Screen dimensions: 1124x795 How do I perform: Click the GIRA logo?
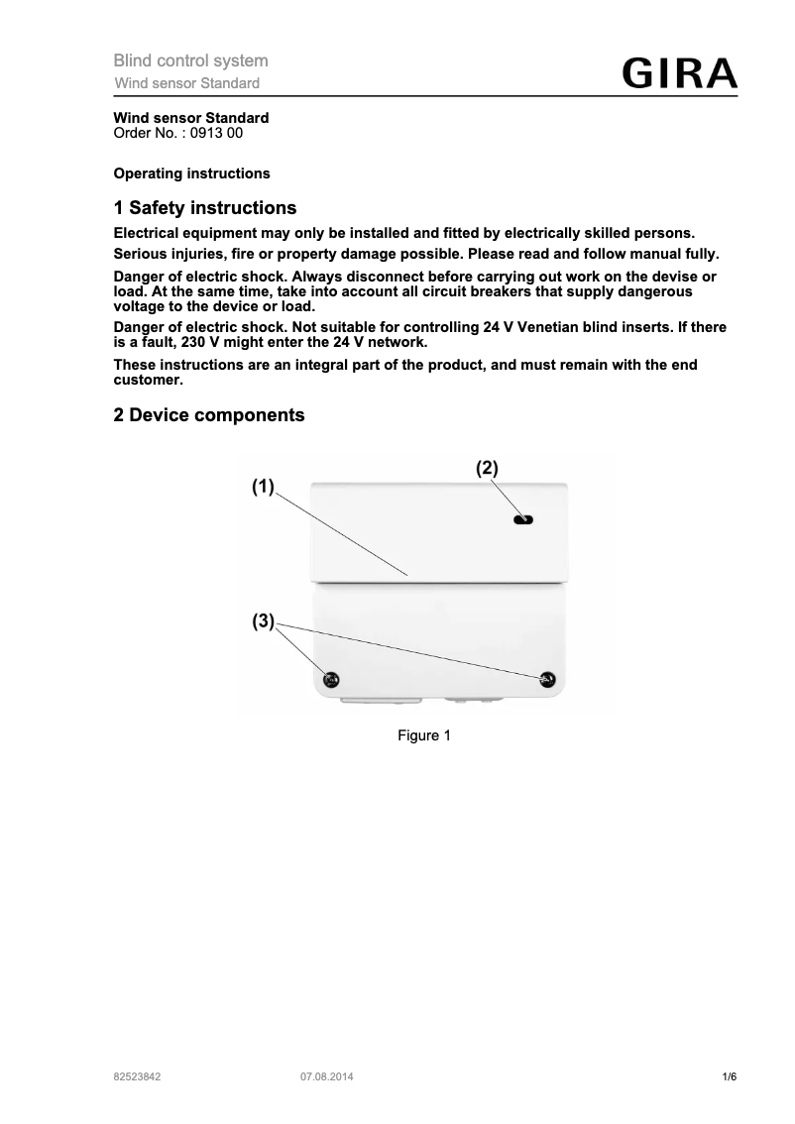click(679, 75)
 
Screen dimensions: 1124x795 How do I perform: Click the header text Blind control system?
click(190, 61)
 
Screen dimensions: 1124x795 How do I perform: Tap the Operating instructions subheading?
click(191, 173)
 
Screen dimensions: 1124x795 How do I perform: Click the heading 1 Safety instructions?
click(205, 208)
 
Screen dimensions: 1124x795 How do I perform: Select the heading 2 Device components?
click(209, 415)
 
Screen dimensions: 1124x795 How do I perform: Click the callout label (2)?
click(487, 466)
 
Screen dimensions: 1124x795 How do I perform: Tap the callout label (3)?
click(262, 621)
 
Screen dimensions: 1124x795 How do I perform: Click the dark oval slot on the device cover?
click(522, 519)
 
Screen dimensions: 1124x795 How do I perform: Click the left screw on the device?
click(332, 679)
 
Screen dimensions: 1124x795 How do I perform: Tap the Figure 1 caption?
click(424, 735)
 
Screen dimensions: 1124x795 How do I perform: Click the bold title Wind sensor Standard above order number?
click(191, 118)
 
